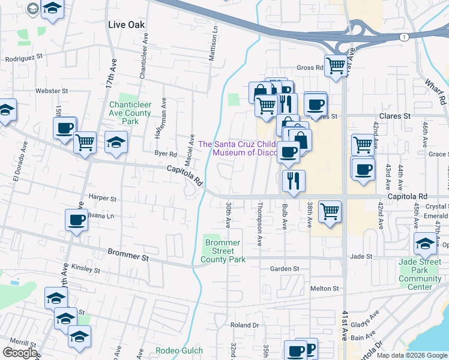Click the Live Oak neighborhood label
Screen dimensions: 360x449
[127, 25]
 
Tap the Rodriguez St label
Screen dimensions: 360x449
[25, 58]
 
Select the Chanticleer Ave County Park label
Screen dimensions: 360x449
[130, 113]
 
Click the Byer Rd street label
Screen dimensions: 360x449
[166, 154]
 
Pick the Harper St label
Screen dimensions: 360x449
[101, 197]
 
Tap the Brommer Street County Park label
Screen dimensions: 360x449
[223, 251]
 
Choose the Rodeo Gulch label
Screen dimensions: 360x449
[175, 350]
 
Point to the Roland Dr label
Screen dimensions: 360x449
[244, 325]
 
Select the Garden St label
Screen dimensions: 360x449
[284, 269]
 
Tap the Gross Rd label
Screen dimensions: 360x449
[310, 68]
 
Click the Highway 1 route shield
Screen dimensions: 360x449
[405, 37]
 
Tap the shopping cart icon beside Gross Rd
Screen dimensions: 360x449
[335, 64]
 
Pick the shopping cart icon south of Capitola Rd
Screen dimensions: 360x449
[330, 211]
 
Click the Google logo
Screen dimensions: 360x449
[20, 353]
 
